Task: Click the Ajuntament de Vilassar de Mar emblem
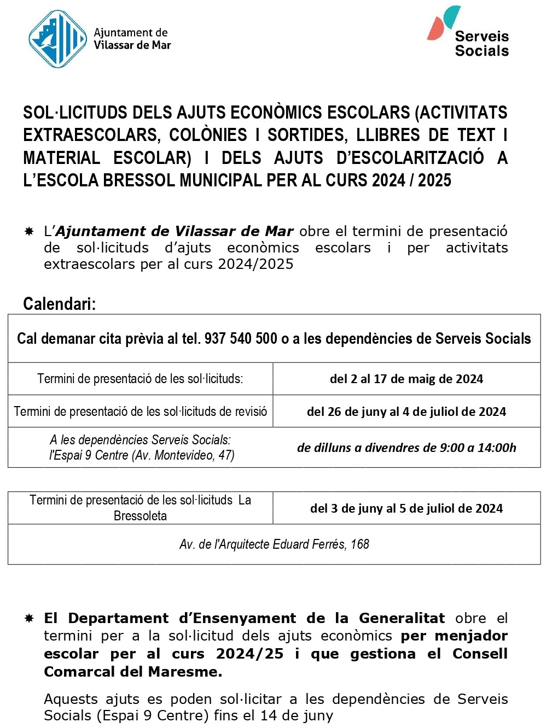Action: [57, 39]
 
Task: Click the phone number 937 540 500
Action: [241, 339]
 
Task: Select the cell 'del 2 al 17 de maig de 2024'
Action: [406, 379]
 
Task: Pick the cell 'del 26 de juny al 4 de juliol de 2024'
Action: [406, 412]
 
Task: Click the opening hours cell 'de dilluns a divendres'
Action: [406, 448]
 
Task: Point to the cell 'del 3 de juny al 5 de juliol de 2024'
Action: [406, 508]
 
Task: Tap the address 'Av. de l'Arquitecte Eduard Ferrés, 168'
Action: [274, 544]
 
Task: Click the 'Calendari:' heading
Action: [59, 304]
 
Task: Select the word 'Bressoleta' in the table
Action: [140, 516]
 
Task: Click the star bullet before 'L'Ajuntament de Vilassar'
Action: [29, 232]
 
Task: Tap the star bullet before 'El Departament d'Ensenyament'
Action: [29, 619]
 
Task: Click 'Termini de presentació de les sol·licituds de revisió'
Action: [141, 412]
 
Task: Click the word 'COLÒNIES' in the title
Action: [208, 135]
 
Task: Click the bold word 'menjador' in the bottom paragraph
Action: [471, 636]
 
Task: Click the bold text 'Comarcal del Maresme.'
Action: [133, 672]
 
